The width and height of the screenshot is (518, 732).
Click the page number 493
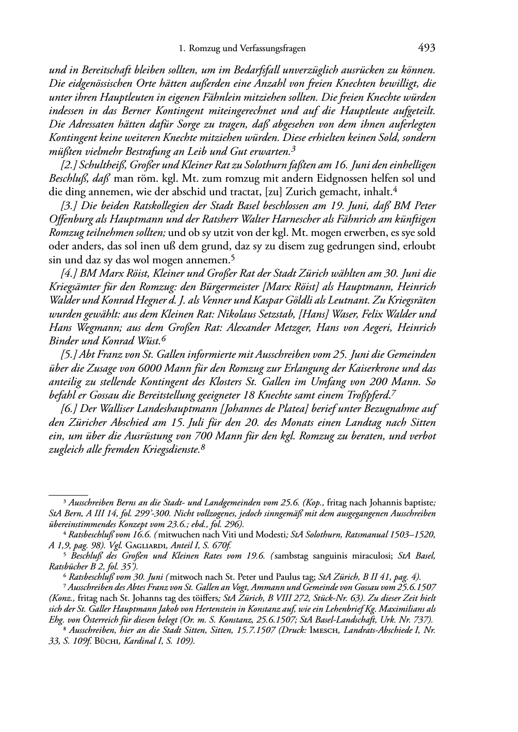[427, 48]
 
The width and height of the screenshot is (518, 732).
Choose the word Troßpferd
[368, 395]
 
